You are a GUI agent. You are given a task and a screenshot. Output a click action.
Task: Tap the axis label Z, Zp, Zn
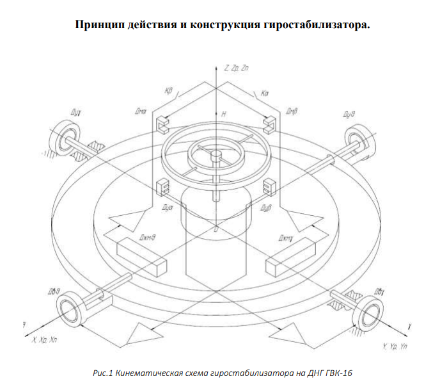(236, 67)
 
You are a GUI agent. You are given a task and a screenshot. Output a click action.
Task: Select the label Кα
(265, 93)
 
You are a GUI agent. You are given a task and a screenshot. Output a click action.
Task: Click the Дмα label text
(141, 111)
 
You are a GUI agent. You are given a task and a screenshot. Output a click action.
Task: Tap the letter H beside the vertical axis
(224, 113)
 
